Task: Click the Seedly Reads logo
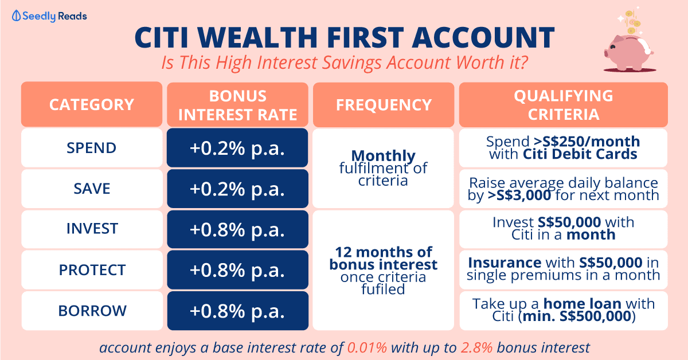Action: [x=49, y=16]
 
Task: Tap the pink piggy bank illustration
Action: [x=628, y=53]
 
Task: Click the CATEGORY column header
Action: [x=92, y=104]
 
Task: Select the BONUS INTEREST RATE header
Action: [x=237, y=105]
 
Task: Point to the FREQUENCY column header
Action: [x=384, y=105]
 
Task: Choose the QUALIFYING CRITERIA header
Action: [x=563, y=105]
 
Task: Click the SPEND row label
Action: [x=92, y=148]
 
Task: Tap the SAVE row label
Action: [x=92, y=189]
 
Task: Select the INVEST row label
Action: [x=92, y=229]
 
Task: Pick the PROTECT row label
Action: [x=92, y=270]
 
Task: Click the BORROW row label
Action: [x=92, y=311]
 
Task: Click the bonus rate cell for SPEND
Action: [x=237, y=148]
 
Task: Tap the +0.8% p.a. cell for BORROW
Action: [x=237, y=311]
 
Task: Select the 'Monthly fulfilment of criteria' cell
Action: [x=384, y=169]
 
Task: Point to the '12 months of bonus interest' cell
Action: [x=384, y=271]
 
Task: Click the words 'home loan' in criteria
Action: [x=583, y=304]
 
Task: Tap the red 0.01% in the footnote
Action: [x=367, y=348]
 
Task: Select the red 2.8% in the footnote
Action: [x=476, y=348]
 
